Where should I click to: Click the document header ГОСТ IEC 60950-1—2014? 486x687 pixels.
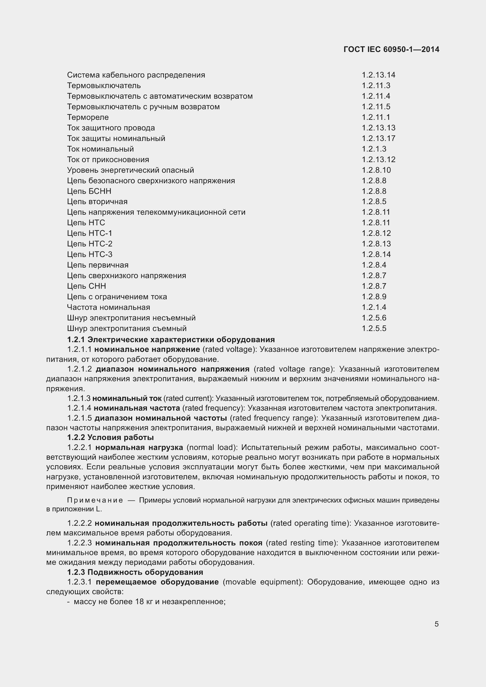click(391, 50)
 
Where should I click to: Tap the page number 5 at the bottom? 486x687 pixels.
click(436, 624)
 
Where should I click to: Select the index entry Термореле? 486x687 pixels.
click(88, 117)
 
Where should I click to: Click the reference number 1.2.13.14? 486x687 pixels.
click(378, 75)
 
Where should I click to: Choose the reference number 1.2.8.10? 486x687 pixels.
click(376, 170)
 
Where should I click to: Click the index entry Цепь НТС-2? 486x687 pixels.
click(90, 244)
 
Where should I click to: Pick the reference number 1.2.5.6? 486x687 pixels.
click(374, 318)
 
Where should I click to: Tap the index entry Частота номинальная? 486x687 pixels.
click(108, 307)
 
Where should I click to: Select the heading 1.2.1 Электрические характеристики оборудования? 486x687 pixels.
click(171, 340)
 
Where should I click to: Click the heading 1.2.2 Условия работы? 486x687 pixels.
click(110, 437)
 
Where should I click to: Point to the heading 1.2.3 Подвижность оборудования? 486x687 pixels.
click(135, 572)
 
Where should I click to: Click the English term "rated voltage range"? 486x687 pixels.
click(294, 369)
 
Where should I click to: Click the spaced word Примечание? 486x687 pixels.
click(95, 500)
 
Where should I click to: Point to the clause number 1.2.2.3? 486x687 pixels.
click(79, 543)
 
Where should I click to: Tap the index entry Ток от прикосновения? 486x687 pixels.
click(108, 160)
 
